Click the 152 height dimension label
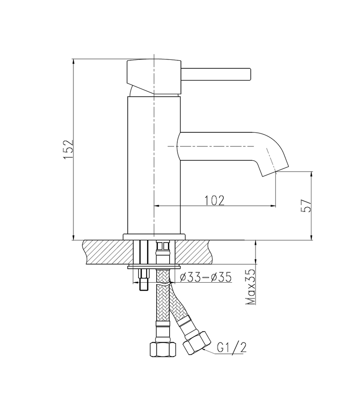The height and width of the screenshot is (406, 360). pyautogui.click(x=67, y=149)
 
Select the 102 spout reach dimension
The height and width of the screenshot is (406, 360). pyautogui.click(x=215, y=200)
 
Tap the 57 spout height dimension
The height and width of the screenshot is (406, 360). pyautogui.click(x=305, y=205)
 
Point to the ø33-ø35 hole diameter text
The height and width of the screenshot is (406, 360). pyautogui.click(x=205, y=278)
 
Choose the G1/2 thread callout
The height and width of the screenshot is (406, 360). pyautogui.click(x=232, y=348)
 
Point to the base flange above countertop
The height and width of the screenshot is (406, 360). pyautogui.click(x=154, y=236)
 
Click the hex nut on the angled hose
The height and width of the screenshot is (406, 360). pyautogui.click(x=197, y=343)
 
